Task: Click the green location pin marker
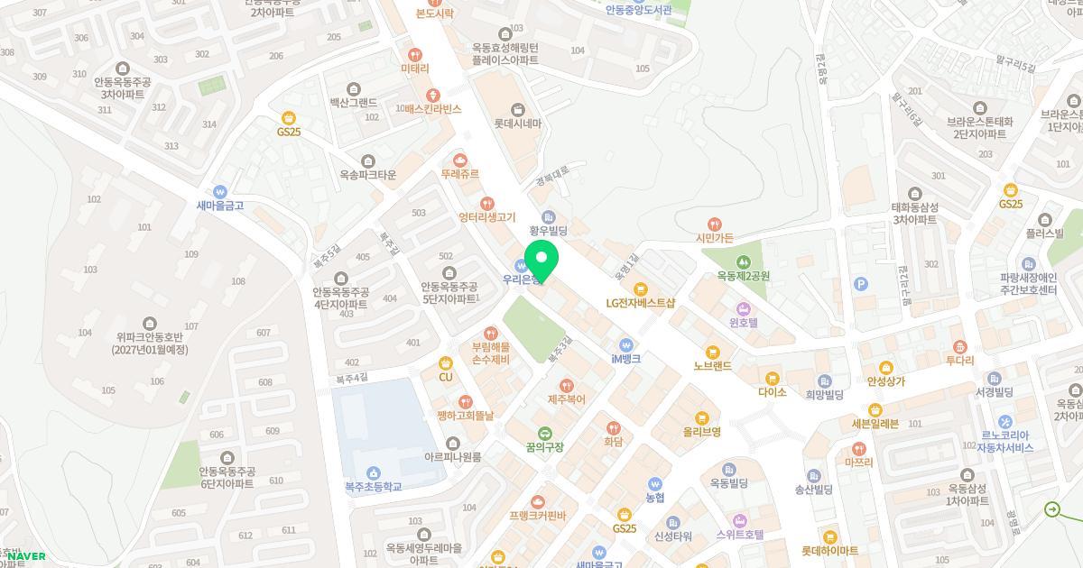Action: click(541, 260)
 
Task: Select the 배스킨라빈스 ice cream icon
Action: click(434, 94)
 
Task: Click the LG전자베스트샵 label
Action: click(641, 304)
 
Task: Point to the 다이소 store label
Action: click(773, 392)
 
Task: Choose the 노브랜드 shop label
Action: click(712, 366)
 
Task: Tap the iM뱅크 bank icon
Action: click(625, 344)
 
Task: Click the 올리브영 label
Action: click(701, 432)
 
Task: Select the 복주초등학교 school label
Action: click(373, 487)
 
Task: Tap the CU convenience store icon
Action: click(445, 362)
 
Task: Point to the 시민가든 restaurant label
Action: click(715, 238)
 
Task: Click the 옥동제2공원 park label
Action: click(743, 276)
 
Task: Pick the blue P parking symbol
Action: click(861, 285)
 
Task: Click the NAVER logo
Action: click(26, 556)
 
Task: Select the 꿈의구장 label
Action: click(544, 447)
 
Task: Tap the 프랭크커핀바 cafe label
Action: click(537, 516)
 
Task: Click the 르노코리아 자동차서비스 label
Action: click(1006, 441)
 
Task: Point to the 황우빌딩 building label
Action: click(548, 232)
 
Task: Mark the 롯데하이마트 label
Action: click(829, 550)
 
